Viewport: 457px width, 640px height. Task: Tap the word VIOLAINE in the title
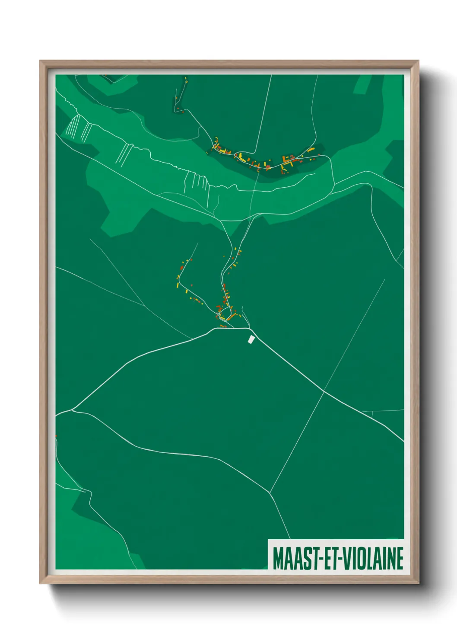click(x=372, y=558)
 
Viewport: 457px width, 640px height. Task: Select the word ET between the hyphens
click(x=330, y=558)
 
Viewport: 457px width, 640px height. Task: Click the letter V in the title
click(x=347, y=558)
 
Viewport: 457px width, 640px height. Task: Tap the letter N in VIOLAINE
click(x=390, y=558)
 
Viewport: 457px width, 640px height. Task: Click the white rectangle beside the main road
click(x=251, y=339)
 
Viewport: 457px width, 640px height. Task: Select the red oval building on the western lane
click(x=181, y=267)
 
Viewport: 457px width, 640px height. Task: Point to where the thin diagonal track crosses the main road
click(x=324, y=391)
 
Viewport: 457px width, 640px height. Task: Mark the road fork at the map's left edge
click(x=73, y=409)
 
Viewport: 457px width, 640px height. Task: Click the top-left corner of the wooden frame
click(x=40, y=61)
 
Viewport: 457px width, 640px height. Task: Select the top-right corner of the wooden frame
click(x=418, y=61)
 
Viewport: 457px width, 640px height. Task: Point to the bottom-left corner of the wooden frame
click(x=40, y=583)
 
